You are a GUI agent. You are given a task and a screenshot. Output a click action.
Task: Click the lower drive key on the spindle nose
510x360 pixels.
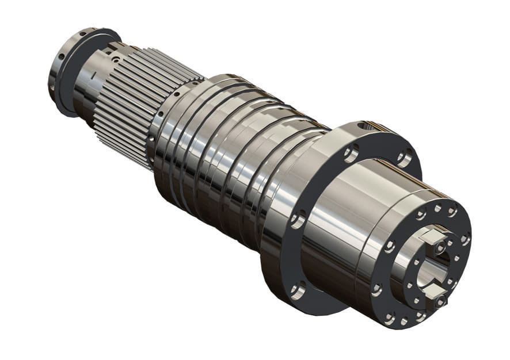tap(436, 298)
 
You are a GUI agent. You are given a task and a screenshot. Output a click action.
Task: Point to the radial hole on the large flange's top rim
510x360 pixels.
tap(361, 125)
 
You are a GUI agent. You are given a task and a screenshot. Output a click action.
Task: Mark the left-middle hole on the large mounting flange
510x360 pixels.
tap(298, 219)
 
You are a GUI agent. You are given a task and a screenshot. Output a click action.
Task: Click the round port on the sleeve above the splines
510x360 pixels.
tap(116, 58)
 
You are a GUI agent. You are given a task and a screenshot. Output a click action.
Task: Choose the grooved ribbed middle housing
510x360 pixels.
tap(230, 155)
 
